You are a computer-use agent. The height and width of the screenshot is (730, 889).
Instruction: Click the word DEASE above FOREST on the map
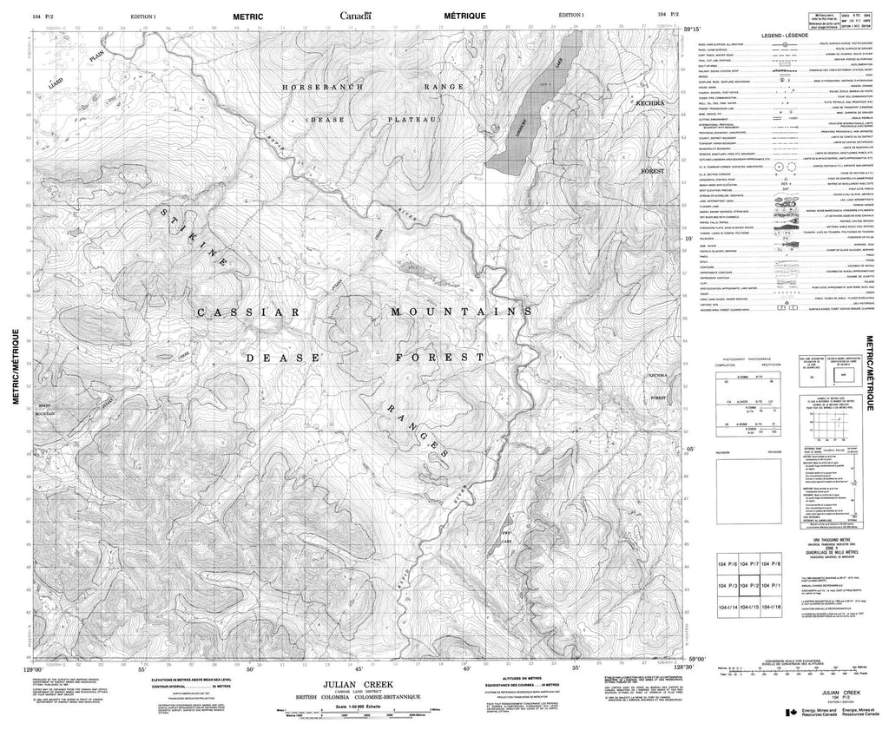273,357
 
